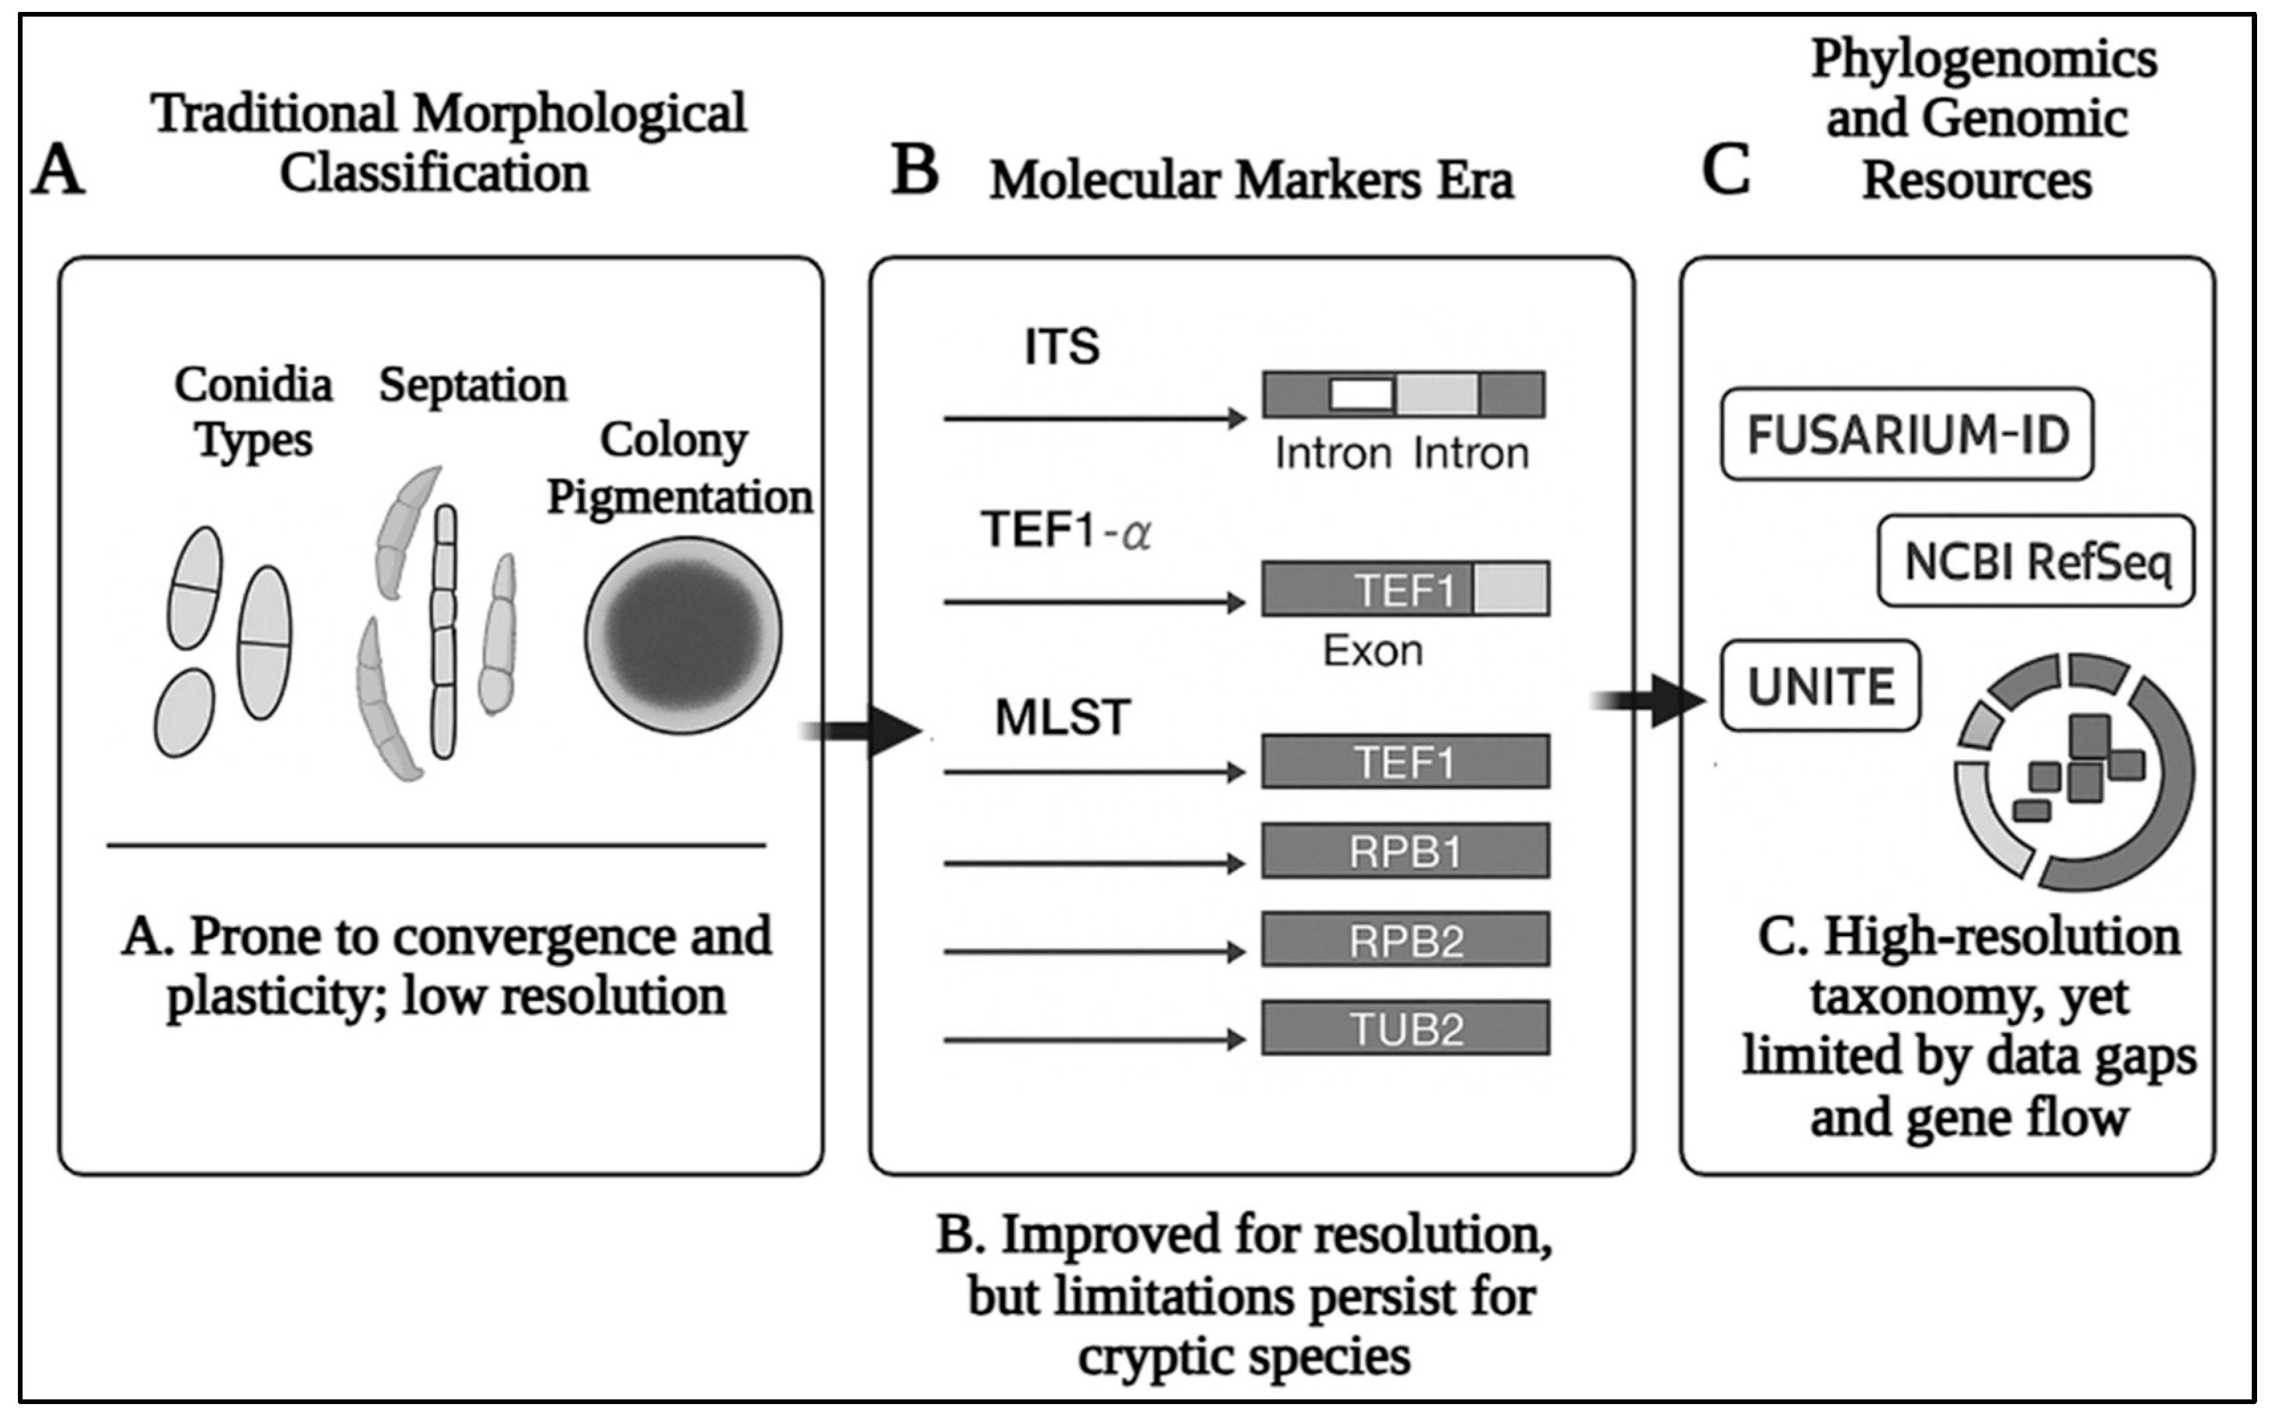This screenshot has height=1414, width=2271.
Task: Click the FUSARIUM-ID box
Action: pos(1907,434)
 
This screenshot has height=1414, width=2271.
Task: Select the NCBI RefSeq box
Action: pos(2035,561)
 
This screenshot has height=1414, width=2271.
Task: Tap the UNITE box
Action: pos(1820,686)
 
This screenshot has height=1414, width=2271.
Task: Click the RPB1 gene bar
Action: pos(1404,851)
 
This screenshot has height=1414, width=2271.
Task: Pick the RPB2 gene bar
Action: pos(1404,940)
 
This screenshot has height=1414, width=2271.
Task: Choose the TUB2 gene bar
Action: pos(1404,1029)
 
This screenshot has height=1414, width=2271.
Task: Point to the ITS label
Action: pos(1061,348)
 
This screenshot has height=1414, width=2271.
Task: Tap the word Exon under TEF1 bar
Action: pos(1372,651)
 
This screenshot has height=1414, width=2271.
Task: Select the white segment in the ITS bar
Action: pos(1360,394)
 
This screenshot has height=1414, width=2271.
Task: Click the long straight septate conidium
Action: pos(444,631)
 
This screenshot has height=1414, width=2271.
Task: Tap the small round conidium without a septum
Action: pos(184,712)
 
